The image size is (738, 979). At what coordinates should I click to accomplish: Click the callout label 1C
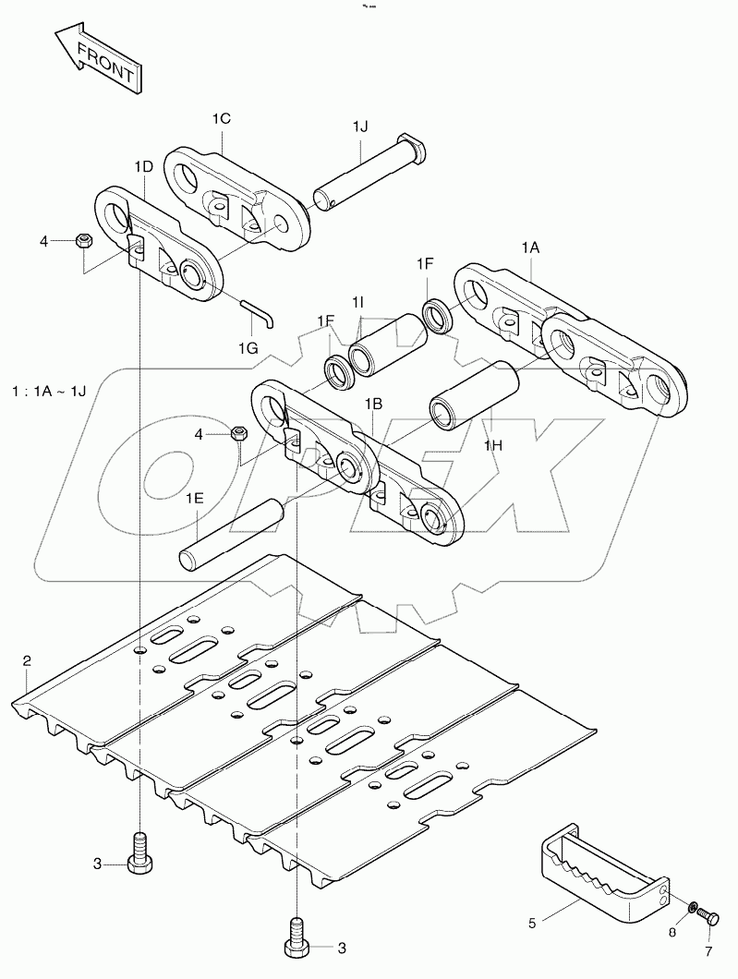click(x=221, y=118)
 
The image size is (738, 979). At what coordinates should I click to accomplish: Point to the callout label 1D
click(x=144, y=166)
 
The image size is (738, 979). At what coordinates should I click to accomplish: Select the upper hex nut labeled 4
click(x=81, y=242)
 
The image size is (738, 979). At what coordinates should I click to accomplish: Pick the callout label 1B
click(x=373, y=404)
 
